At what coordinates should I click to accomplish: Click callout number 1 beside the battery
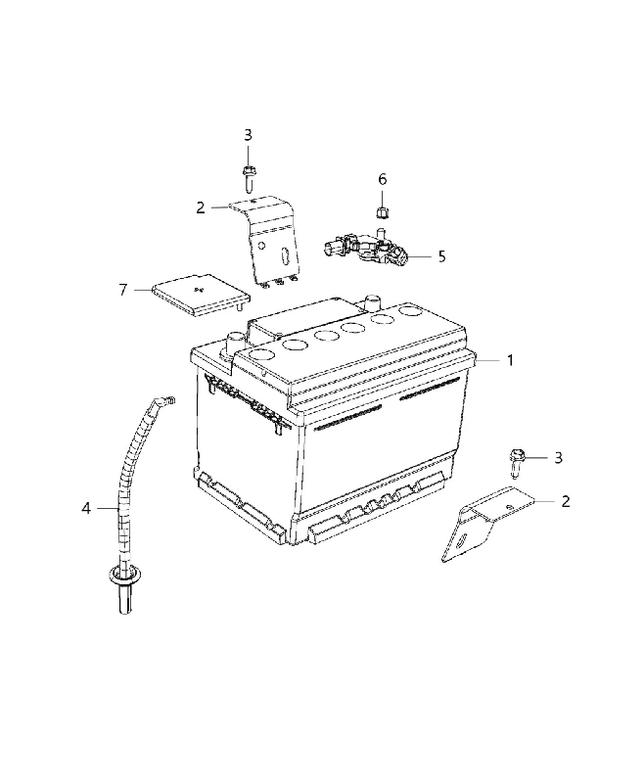[510, 360]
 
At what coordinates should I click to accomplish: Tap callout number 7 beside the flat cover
[122, 290]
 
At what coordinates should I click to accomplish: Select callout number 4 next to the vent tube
[86, 508]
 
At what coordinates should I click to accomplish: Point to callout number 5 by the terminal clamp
[441, 256]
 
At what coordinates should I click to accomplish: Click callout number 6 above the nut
[382, 179]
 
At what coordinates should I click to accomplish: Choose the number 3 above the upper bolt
[248, 135]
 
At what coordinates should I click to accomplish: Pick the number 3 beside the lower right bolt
[558, 457]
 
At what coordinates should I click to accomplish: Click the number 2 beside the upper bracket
[201, 207]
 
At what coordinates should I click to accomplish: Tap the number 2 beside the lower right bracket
[565, 501]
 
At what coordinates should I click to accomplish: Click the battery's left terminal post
[233, 344]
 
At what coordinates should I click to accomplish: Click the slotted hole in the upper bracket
[285, 256]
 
